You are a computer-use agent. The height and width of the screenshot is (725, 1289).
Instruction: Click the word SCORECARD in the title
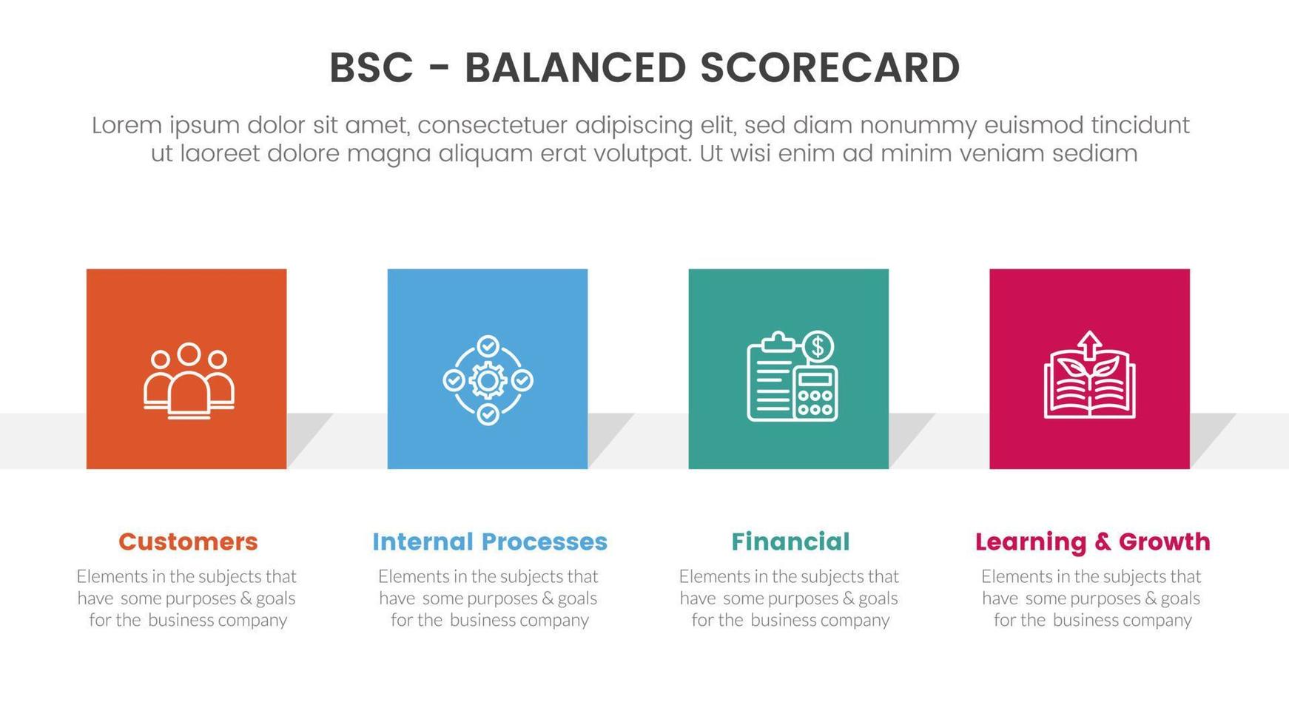click(829, 68)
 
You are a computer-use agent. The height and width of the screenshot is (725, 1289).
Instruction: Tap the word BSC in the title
click(371, 68)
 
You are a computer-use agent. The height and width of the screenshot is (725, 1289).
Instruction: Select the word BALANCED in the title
click(575, 68)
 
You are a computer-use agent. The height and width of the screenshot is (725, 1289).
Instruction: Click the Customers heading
click(188, 542)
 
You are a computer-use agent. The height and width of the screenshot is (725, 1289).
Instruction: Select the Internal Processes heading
click(490, 542)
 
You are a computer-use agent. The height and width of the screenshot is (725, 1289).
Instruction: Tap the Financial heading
click(790, 542)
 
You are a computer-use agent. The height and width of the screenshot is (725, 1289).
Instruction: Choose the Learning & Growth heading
click(1092, 542)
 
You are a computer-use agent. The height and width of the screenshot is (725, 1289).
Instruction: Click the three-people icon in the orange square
click(189, 381)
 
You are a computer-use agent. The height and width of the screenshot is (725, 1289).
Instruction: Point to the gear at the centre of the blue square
click(488, 381)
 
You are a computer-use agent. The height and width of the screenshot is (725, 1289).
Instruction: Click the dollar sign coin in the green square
click(818, 346)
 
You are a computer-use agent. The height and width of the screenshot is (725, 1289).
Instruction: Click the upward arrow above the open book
click(1089, 344)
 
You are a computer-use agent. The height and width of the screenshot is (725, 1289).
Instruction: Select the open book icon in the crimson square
click(1089, 385)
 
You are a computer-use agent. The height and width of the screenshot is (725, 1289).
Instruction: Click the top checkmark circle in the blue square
click(488, 346)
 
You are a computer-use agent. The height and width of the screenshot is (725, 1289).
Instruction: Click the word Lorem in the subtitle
click(127, 125)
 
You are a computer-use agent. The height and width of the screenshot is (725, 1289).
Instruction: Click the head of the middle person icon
click(189, 354)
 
